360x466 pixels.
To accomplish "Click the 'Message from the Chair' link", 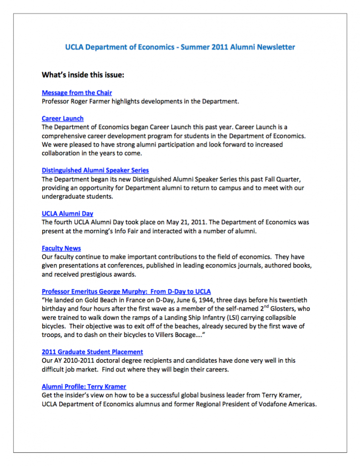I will pos(77,93).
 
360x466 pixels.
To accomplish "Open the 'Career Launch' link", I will pos(62,119).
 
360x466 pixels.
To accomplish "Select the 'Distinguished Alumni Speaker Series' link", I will pos(95,171).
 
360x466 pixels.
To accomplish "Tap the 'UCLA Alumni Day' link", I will pos(67,214).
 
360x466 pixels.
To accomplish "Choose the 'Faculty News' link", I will pos(61,248).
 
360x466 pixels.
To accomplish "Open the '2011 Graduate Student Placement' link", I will pos(92,352).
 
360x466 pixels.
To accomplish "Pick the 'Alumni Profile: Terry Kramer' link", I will pos(84,386).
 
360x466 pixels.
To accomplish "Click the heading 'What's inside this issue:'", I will pos(83,74).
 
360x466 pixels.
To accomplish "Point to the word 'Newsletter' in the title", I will pos(275,47).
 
